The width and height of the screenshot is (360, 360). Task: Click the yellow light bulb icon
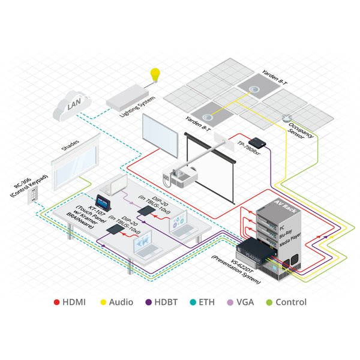click(156, 76)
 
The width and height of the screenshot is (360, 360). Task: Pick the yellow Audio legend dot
click(103, 302)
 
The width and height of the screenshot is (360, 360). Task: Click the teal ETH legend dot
click(191, 302)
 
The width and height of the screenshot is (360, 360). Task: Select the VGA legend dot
click(229, 302)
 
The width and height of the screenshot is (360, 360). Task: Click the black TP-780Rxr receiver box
click(258, 143)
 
